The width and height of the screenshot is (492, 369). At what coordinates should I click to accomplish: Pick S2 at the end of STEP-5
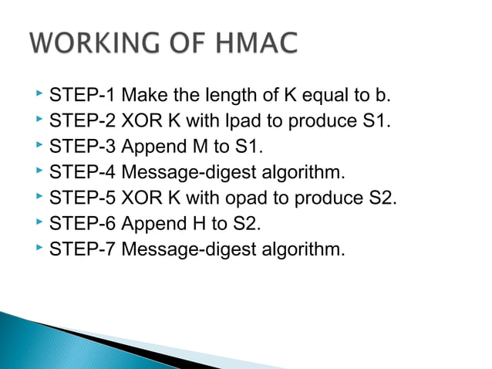point(382,198)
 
